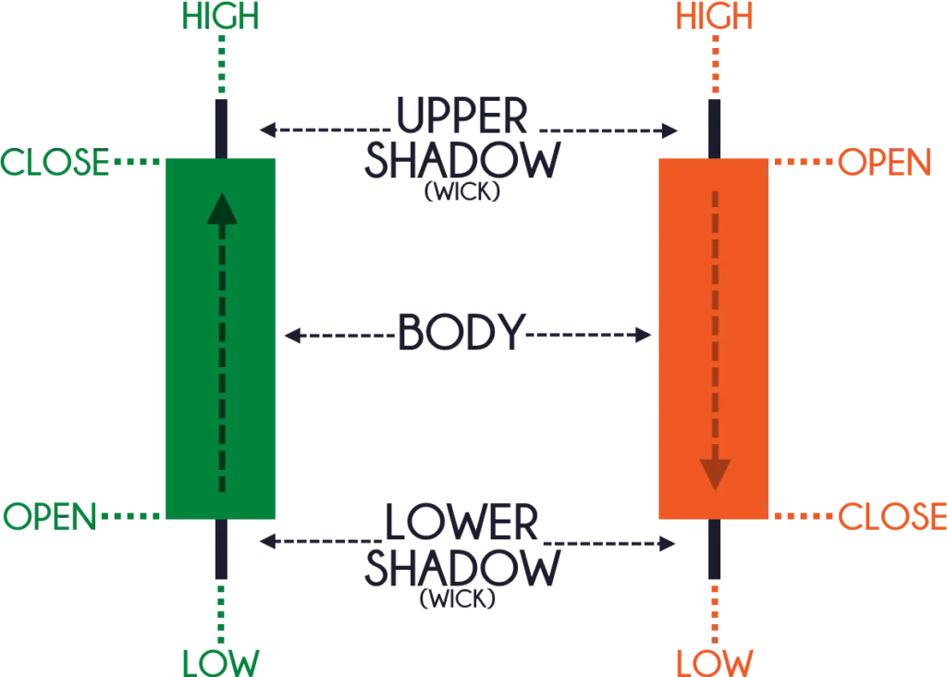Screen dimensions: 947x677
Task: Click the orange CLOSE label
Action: (892, 515)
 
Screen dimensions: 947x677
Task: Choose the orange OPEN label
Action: (884, 164)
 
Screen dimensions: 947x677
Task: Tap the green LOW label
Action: (221, 662)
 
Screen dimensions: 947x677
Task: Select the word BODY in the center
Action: (458, 334)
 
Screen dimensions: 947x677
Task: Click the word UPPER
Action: (460, 117)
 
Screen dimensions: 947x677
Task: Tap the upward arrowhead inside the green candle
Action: (221, 210)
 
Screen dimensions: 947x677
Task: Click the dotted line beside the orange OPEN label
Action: (803, 164)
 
